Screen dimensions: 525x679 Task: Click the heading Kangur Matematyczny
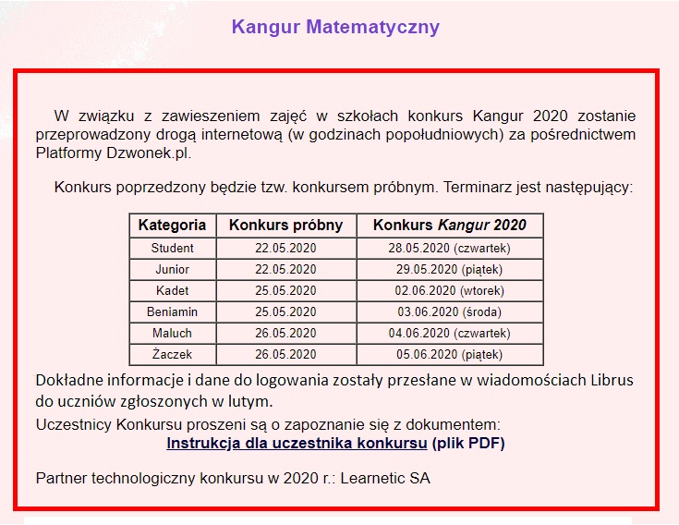pyautogui.click(x=335, y=27)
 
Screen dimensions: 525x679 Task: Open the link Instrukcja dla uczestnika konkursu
pyautogui.click(x=297, y=443)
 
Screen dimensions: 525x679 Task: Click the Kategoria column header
pyautogui.click(x=172, y=226)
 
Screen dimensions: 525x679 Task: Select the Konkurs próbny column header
pyautogui.click(x=285, y=226)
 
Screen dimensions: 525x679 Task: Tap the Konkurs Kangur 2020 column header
pyautogui.click(x=449, y=226)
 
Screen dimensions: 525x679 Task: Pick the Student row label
pyautogui.click(x=172, y=248)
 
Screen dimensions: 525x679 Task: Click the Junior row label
pyautogui.click(x=172, y=269)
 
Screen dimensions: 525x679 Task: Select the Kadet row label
pyautogui.click(x=172, y=290)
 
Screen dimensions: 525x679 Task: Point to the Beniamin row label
pyautogui.click(x=172, y=311)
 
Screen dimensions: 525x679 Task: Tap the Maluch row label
pyautogui.click(x=172, y=333)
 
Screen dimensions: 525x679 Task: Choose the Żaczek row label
pyautogui.click(x=172, y=354)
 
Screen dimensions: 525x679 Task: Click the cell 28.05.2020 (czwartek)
pyautogui.click(x=449, y=248)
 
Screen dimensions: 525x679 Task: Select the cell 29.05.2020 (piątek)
pyautogui.click(x=449, y=269)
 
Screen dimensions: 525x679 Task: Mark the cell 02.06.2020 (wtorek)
pyautogui.click(x=449, y=290)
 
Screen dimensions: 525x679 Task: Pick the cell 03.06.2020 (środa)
pyautogui.click(x=449, y=311)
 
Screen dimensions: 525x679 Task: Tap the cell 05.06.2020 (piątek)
pyautogui.click(x=449, y=354)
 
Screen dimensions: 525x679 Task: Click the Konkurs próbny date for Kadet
pyautogui.click(x=285, y=290)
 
